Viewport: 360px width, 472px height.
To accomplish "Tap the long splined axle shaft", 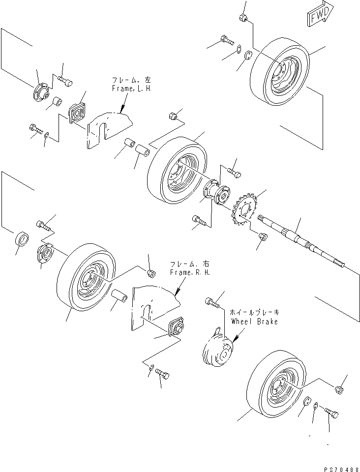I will (x=300, y=241).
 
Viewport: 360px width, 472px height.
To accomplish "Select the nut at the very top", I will (x=242, y=19).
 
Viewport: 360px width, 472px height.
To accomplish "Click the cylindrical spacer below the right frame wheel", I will (x=119, y=297).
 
